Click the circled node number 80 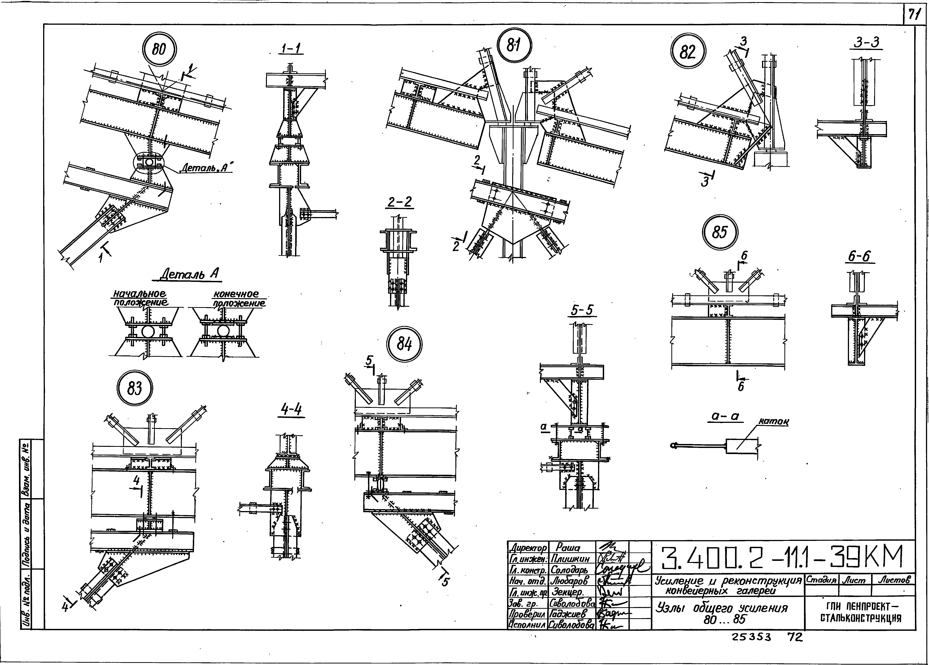click(159, 50)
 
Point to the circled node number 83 click(135, 388)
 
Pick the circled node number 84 click(404, 344)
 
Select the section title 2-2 click(400, 202)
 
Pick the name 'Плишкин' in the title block click(570, 559)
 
